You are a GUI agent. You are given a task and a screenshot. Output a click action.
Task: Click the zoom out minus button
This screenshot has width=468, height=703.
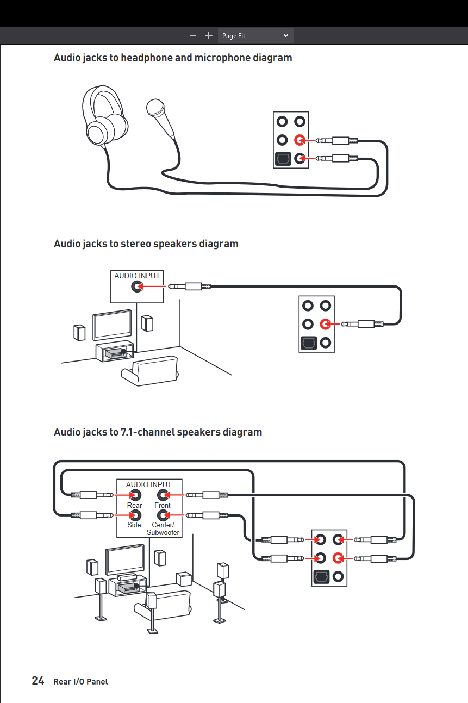pos(193,35)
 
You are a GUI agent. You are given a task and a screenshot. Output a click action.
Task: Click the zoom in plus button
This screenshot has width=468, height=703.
pos(209,35)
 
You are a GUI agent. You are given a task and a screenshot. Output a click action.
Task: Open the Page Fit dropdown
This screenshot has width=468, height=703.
pos(255,35)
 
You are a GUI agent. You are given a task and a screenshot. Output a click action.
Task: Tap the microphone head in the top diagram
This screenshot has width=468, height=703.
pos(155,108)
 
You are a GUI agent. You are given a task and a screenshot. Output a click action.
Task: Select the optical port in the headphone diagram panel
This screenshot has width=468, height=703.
pos(282,159)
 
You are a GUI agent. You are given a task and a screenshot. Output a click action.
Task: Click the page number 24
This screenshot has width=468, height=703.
pos(38,681)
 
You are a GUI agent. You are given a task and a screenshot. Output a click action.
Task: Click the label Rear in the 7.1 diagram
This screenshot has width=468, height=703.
pos(134,505)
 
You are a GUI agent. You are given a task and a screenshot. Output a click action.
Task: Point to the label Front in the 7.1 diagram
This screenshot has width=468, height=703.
pos(163,505)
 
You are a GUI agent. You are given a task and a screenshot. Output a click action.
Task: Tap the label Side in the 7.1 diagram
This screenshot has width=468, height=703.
pos(134,525)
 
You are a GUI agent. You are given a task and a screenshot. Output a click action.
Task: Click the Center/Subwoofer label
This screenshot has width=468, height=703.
pos(163,528)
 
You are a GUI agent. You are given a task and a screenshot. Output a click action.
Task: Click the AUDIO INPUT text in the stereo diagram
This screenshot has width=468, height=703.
pos(137,276)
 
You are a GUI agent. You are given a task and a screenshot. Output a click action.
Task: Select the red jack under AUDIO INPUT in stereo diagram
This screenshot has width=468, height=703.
pos(138,287)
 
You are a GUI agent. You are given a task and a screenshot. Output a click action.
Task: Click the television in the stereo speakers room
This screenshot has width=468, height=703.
pos(112,325)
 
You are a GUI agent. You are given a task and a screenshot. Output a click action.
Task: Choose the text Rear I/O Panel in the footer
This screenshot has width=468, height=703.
pos(80,681)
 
